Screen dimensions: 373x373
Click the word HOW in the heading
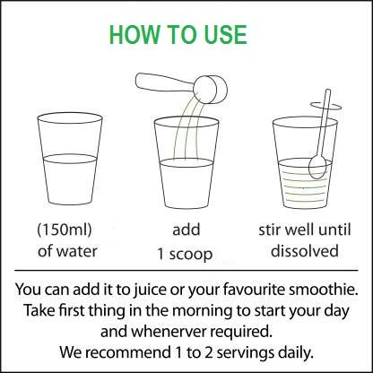click(134, 35)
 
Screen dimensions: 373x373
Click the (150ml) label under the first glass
click(65, 230)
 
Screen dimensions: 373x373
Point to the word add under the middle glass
click(186, 230)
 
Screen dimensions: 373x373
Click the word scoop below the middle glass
click(191, 255)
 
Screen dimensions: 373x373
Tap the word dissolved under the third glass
click(305, 250)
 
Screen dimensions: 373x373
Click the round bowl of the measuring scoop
click(212, 90)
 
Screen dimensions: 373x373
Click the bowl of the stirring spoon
click(317, 168)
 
